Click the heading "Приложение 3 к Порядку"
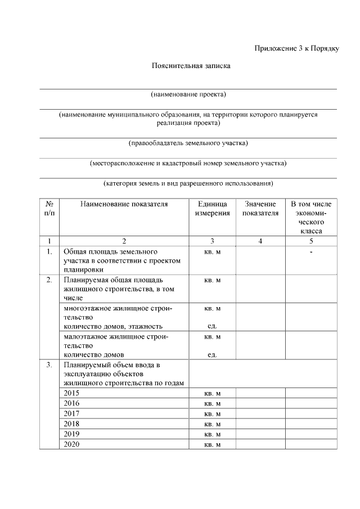(x=296, y=48)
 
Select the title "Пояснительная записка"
(x=191, y=66)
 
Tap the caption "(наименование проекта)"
(x=188, y=94)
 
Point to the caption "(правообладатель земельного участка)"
(x=188, y=143)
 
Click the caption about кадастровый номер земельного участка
(x=188, y=163)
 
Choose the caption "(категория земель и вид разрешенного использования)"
(x=188, y=183)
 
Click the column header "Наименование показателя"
(x=124, y=204)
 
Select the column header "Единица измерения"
(x=212, y=208)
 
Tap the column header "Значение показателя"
(x=260, y=208)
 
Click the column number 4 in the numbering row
(x=260, y=241)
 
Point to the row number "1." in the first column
(x=49, y=251)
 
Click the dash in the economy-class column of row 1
(x=311, y=251)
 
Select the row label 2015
(x=72, y=393)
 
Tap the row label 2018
(x=72, y=424)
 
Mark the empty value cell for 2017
(x=260, y=413)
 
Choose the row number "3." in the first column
(x=49, y=365)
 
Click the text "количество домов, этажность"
(x=113, y=326)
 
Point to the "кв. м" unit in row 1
(x=212, y=251)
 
